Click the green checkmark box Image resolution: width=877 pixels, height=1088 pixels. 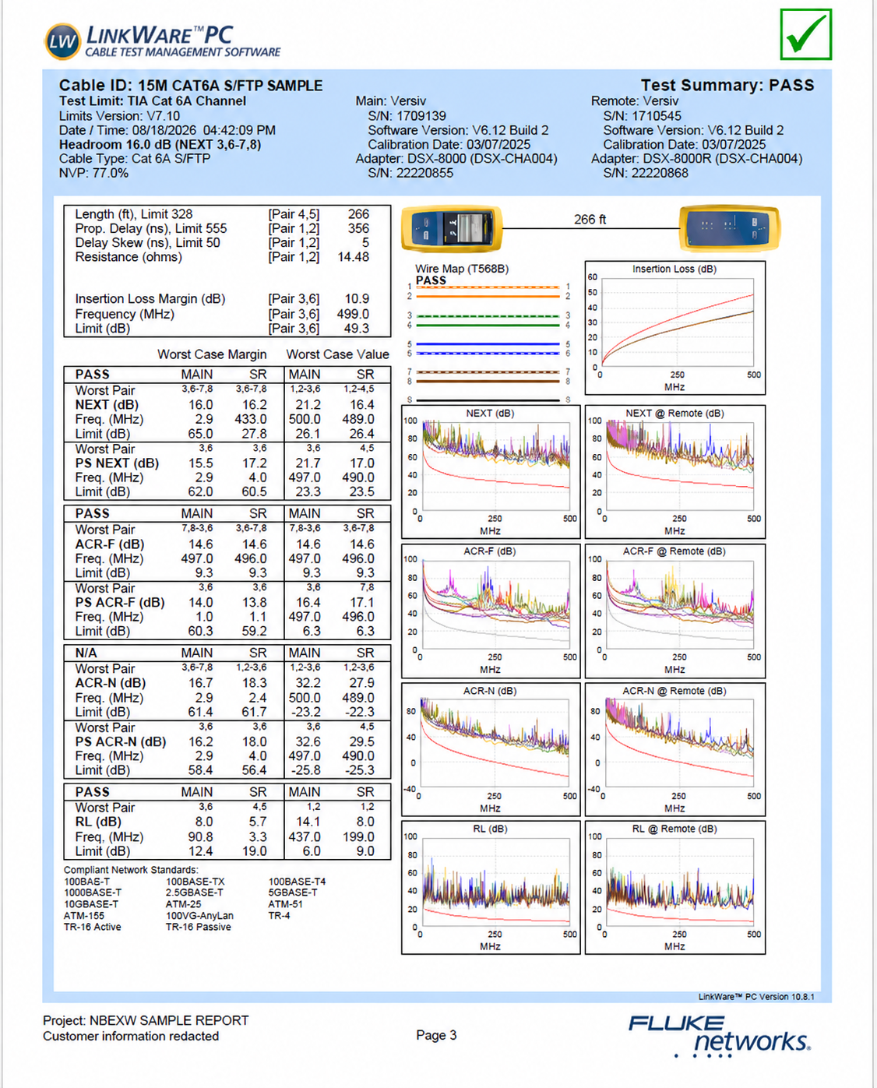pos(805,33)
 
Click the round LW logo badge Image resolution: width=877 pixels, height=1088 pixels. pos(63,41)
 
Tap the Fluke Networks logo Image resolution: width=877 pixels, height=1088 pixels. pos(719,1035)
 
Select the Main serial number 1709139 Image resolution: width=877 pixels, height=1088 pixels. pos(421,116)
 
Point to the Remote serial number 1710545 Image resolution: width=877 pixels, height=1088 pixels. pos(656,116)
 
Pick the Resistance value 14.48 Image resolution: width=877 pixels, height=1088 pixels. pos(353,257)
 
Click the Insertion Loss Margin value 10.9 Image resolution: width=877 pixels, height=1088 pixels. pos(357,299)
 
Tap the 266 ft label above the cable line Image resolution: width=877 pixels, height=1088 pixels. pos(590,220)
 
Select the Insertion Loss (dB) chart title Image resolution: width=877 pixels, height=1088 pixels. pos(674,269)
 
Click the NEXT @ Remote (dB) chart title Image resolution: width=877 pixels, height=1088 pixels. pos(674,413)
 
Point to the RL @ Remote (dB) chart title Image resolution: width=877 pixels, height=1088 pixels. pos(674,829)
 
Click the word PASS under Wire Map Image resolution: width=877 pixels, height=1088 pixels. pos(431,280)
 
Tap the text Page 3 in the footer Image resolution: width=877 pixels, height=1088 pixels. pos(436,1035)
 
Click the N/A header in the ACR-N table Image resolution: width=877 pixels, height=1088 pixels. pos(86,653)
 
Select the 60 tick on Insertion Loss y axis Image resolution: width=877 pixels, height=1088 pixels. pos(592,277)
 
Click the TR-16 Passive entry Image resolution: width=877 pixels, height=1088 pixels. pos(199,927)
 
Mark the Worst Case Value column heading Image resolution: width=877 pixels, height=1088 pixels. pos(337,354)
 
